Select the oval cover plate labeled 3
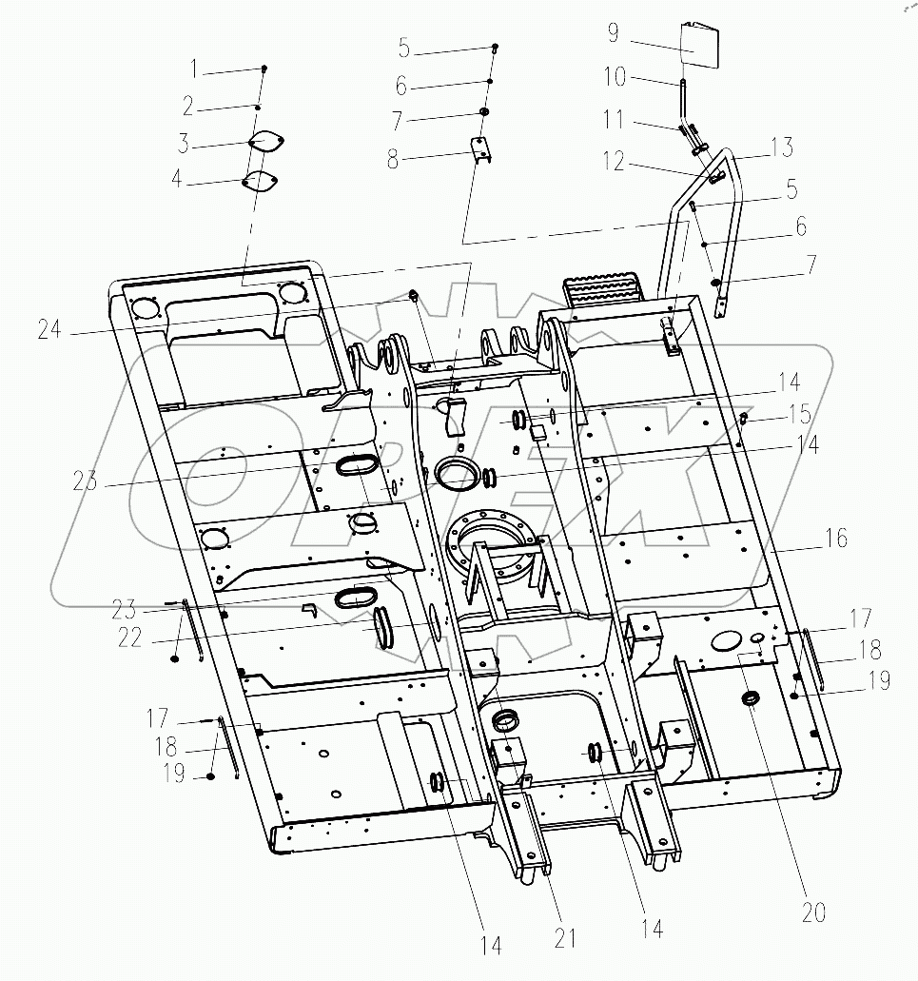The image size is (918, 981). (258, 143)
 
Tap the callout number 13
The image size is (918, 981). (780, 148)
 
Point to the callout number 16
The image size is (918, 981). (836, 539)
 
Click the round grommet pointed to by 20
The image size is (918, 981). (751, 700)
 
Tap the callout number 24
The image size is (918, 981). (50, 331)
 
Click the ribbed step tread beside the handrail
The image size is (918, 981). (592, 289)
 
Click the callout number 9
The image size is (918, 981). (614, 34)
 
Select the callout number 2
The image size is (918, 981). (187, 106)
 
